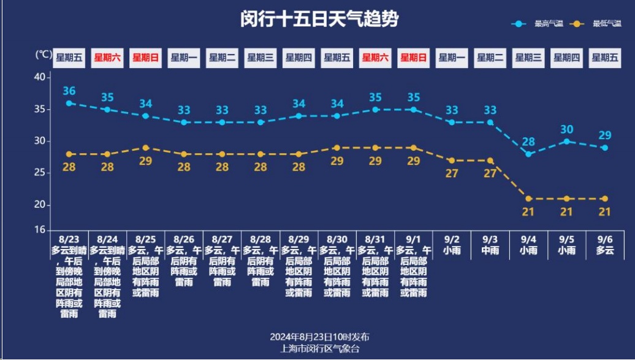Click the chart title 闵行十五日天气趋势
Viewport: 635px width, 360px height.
(319, 19)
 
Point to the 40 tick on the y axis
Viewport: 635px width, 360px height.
(39, 77)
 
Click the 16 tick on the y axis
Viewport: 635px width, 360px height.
(39, 230)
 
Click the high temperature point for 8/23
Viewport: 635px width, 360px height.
(69, 103)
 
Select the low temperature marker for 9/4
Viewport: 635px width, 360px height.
(528, 199)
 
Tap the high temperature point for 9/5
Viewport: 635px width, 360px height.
(566, 141)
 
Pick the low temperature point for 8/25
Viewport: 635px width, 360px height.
(146, 148)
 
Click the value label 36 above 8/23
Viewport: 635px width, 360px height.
(69, 91)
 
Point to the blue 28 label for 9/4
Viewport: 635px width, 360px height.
(528, 142)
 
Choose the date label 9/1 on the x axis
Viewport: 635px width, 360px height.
(414, 239)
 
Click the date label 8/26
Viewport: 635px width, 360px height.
(184, 239)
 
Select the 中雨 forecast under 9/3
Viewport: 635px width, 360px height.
(490, 250)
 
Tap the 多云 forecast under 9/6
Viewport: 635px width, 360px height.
(604, 250)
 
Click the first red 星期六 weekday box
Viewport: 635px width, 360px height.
(107, 58)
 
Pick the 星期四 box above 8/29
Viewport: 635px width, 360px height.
(298, 58)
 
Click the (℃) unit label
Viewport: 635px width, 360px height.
(44, 55)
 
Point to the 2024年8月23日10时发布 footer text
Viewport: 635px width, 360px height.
(319, 337)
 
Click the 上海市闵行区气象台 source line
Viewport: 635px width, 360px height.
(319, 348)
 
